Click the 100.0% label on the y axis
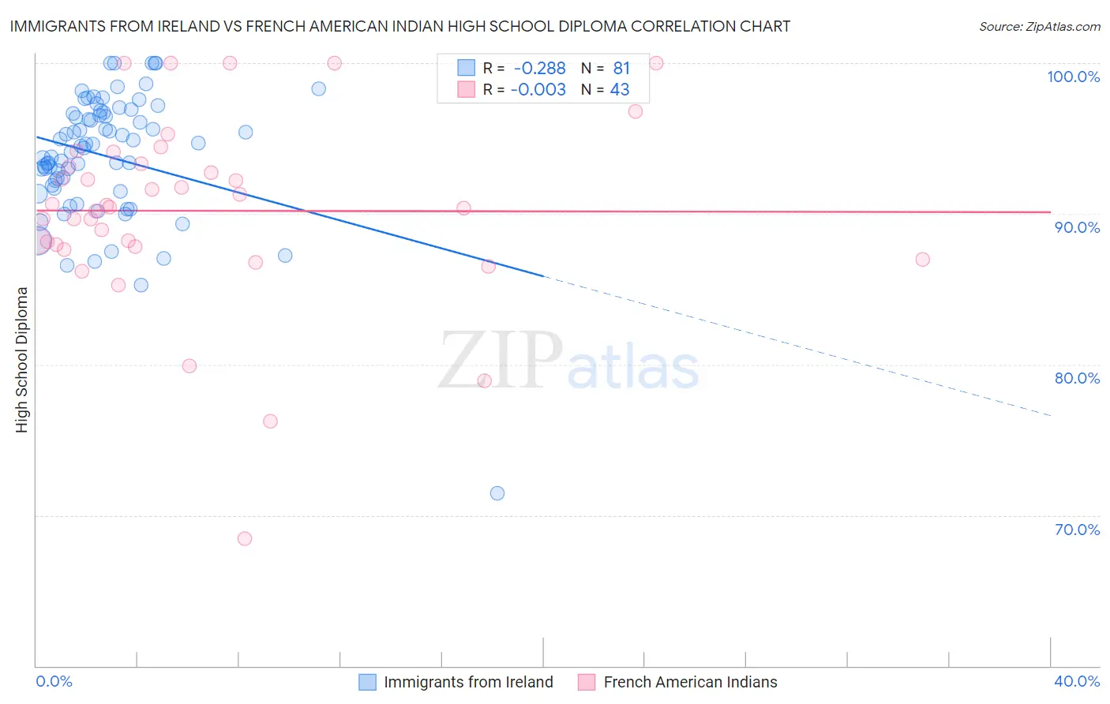[x=1073, y=77]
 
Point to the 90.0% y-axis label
[x=1077, y=227]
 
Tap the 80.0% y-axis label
[x=1077, y=378]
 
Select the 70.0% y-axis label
[x=1077, y=530]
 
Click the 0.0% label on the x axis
[x=54, y=681]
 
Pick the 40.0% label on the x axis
[x=1077, y=681]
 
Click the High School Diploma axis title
[x=22, y=359]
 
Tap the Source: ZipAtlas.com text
[x=1039, y=26]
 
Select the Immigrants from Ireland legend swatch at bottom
[x=367, y=682]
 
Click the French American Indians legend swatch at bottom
[x=586, y=682]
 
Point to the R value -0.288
[x=539, y=69]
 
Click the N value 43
[x=620, y=90]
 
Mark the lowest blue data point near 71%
[x=497, y=493]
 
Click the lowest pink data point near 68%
[x=245, y=538]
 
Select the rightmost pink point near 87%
[x=922, y=260]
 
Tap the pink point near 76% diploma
[x=270, y=421]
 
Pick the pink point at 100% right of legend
[x=656, y=63]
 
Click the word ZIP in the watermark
[x=499, y=360]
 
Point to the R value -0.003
[x=538, y=90]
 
